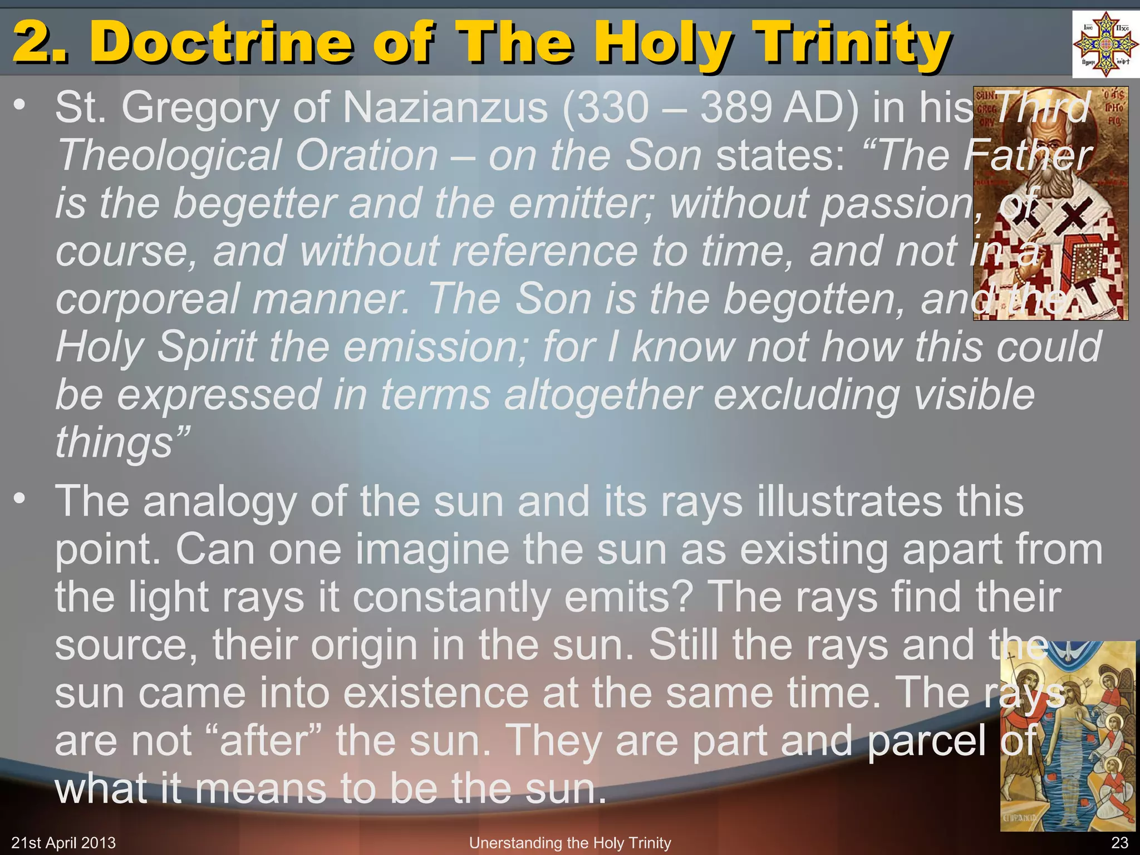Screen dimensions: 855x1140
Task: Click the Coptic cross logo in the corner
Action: [1105, 45]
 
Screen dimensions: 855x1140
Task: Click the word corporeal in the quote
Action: [148, 299]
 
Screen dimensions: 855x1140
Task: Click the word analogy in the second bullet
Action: [220, 502]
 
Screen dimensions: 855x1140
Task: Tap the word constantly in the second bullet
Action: [451, 597]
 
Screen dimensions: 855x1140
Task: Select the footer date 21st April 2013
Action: [63, 843]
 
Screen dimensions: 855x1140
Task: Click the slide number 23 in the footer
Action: [1119, 843]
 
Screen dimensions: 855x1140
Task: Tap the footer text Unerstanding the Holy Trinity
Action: [570, 843]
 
